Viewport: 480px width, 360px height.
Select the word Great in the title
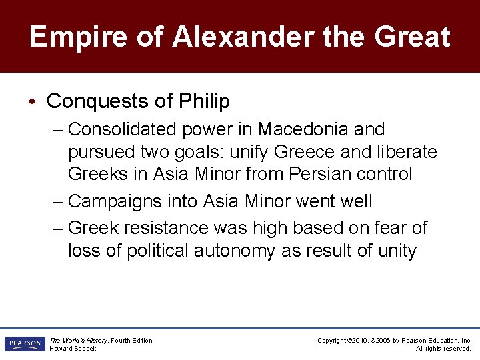[x=413, y=37]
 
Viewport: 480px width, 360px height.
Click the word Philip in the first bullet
[x=205, y=101]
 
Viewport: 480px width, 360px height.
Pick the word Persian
[x=314, y=175]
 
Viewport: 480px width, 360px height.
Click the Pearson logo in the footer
[x=24, y=344]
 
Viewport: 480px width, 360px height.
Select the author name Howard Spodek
[x=73, y=349]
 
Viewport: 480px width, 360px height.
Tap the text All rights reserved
[x=443, y=349]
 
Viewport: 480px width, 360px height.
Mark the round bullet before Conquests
[x=33, y=102]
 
